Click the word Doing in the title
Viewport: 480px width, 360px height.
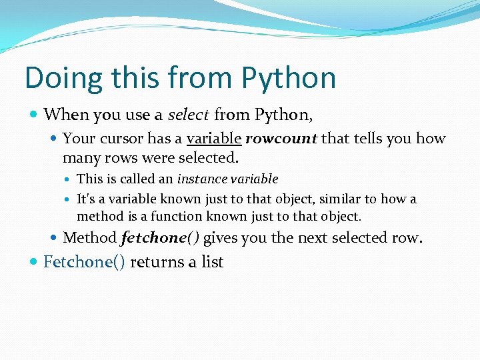coord(63,79)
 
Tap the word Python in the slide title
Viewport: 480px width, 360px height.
coord(289,79)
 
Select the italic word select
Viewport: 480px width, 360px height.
coord(189,115)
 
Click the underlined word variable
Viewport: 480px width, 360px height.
coord(214,139)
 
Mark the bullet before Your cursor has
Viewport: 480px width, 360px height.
coord(55,139)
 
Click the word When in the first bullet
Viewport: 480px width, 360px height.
coord(65,115)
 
